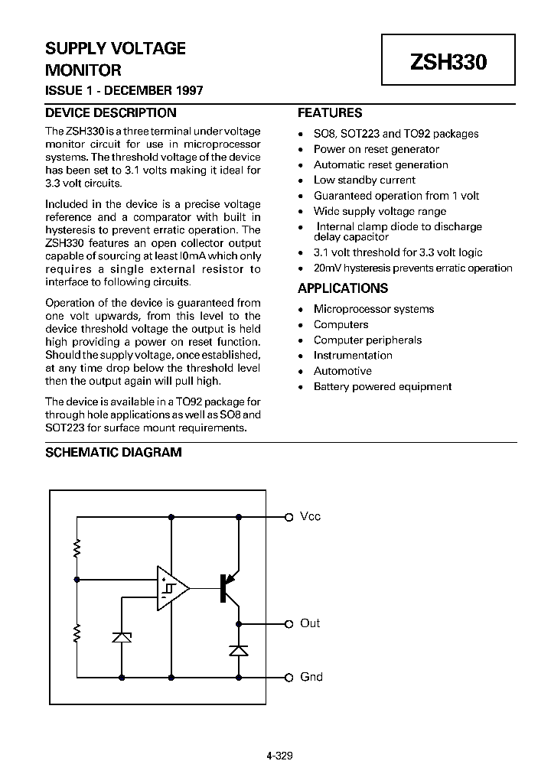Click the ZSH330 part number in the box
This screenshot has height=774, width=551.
click(x=448, y=63)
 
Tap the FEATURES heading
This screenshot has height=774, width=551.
click(x=329, y=112)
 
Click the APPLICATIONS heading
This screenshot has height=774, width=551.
click(x=342, y=288)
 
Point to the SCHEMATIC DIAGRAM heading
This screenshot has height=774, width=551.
click(x=113, y=452)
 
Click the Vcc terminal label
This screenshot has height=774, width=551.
click(x=310, y=517)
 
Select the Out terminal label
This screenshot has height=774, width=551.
click(x=310, y=623)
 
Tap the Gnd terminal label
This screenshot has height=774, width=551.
click(x=311, y=677)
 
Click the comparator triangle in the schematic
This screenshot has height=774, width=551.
click(x=171, y=588)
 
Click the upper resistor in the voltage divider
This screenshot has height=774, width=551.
click(x=77, y=548)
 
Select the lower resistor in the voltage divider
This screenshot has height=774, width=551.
click(x=77, y=633)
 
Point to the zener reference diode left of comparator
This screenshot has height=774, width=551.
click(x=122, y=636)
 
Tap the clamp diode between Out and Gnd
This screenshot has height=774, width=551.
click(x=239, y=650)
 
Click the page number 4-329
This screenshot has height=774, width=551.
click(x=279, y=756)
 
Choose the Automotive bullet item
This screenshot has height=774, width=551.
click(x=342, y=371)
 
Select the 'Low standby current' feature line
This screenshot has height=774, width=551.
click(x=364, y=180)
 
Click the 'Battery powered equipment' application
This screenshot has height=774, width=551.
click(x=382, y=387)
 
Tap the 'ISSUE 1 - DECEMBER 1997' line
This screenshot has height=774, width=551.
click(x=124, y=90)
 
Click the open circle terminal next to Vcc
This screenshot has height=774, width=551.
click(x=289, y=517)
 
